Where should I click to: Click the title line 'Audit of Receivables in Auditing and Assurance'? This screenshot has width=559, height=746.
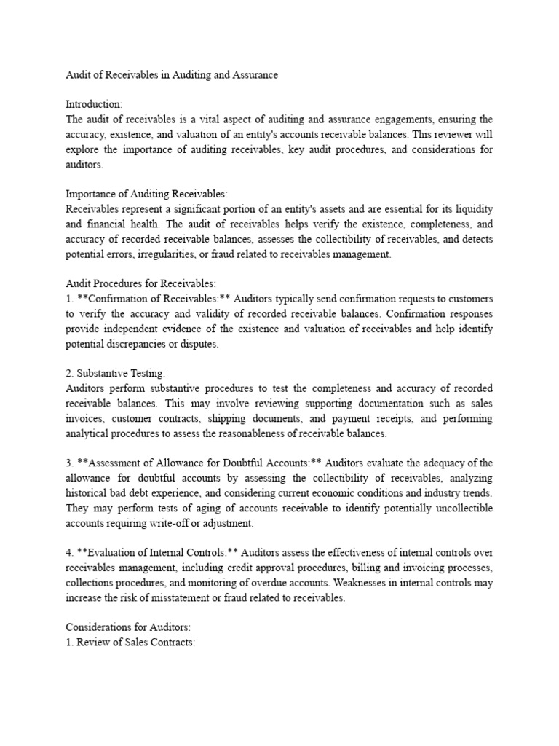(x=172, y=75)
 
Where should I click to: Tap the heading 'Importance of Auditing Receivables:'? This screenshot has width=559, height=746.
(x=146, y=194)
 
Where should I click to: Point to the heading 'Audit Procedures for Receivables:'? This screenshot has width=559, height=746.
(x=140, y=284)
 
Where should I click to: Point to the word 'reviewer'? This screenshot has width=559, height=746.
(x=448, y=135)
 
